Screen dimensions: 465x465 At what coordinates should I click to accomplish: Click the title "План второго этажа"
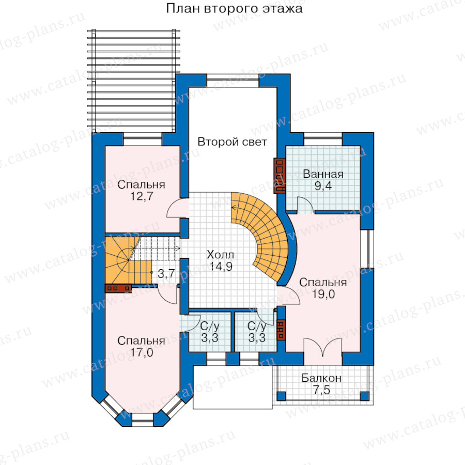(234, 8)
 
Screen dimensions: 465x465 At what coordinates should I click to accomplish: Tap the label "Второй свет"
(232, 142)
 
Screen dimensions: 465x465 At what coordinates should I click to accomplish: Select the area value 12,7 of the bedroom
(142, 196)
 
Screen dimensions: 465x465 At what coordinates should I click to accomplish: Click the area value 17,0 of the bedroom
(142, 352)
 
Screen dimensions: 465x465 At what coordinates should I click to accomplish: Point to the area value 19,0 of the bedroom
(323, 294)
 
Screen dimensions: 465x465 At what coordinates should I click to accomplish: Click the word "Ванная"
(323, 174)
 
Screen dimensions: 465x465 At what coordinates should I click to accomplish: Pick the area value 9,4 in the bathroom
(323, 186)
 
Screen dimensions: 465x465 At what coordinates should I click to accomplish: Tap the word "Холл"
(220, 255)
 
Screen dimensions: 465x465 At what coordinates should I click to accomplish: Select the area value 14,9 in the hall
(221, 267)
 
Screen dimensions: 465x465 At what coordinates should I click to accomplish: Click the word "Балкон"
(321, 378)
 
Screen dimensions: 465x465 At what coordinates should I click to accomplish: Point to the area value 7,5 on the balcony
(321, 390)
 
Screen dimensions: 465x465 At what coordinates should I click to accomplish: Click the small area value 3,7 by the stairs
(166, 273)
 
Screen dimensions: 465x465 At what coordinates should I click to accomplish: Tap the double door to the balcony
(323, 347)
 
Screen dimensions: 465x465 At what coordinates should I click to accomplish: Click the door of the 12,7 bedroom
(177, 208)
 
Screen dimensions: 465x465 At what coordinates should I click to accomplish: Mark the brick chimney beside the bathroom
(280, 176)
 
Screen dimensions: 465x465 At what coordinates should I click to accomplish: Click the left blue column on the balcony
(282, 396)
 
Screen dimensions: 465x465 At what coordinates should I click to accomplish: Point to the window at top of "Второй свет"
(233, 80)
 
